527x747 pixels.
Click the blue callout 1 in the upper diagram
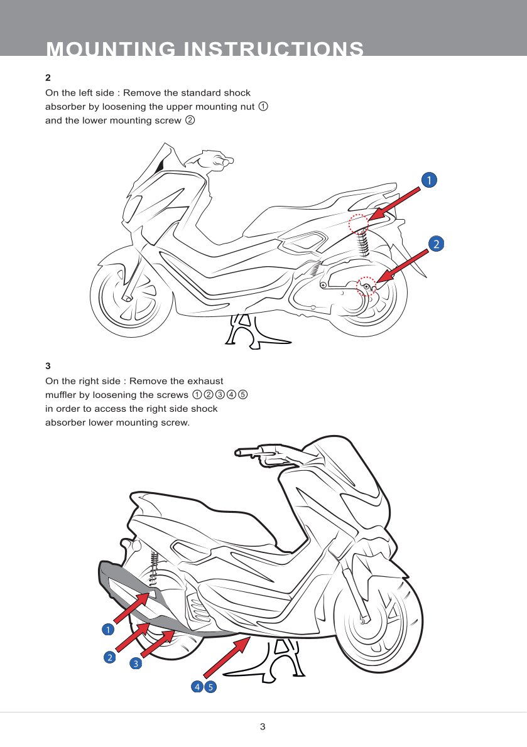tap(429, 180)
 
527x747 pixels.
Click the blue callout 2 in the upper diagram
tap(436, 244)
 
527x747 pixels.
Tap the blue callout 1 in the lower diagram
tap(108, 630)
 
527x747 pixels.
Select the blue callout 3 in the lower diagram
tap(136, 663)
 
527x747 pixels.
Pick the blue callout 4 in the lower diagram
tap(197, 687)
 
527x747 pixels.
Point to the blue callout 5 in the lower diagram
tap(210, 687)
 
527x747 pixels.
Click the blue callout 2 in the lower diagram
tap(109, 657)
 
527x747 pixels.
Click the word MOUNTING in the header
tap(111, 49)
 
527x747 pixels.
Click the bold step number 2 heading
tap(48, 78)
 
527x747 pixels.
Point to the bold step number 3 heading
tap(48, 366)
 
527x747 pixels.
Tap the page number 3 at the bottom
tap(263, 726)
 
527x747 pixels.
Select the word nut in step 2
tap(247, 107)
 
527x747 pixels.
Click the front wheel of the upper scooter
tap(131, 296)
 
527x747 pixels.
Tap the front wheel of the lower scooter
tap(376, 619)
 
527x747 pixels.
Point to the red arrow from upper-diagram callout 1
tap(394, 203)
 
